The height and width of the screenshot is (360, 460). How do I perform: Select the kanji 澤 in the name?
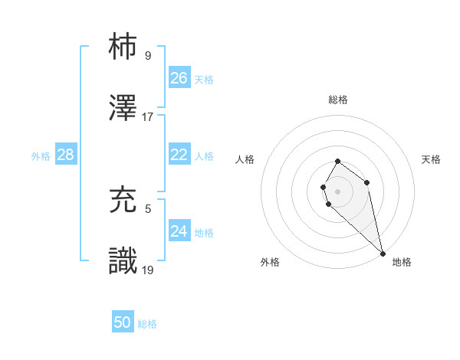[123, 109]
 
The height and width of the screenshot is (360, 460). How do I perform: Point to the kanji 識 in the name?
[123, 261]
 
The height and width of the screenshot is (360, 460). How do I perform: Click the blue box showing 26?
[179, 77]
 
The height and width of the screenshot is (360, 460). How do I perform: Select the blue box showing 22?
[179, 155]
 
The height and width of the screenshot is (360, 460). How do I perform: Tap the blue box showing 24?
[179, 231]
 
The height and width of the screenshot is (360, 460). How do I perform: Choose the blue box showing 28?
[66, 155]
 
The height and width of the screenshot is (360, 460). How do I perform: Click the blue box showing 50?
[123, 322]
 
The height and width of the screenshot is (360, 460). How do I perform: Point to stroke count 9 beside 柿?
[148, 55]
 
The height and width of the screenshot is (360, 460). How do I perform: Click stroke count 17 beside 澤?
[148, 116]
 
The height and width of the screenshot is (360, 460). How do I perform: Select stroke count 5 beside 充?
[148, 208]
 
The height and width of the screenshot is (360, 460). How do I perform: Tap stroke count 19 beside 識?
[148, 269]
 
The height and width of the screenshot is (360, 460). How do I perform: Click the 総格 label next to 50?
[147, 324]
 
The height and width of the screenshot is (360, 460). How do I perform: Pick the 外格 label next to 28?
[41, 156]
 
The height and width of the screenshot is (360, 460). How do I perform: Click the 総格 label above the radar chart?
[338, 100]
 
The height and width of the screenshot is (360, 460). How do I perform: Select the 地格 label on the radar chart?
[402, 262]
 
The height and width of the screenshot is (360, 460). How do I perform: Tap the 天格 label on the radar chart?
[431, 159]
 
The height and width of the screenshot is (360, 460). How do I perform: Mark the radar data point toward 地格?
[383, 253]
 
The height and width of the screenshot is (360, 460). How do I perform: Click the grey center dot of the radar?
[338, 191]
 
